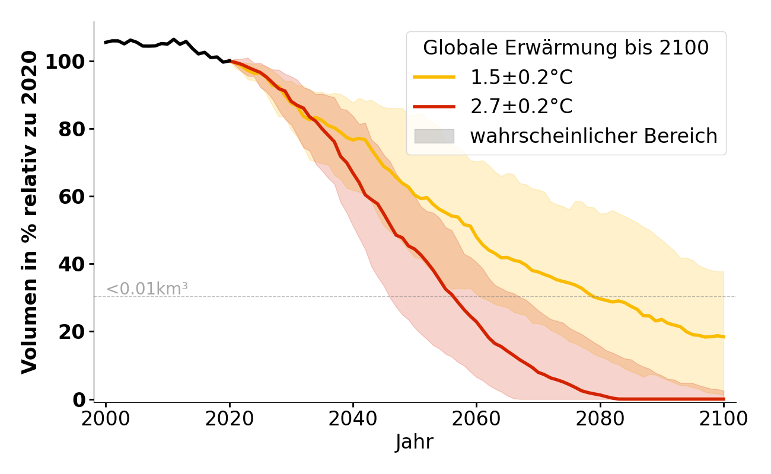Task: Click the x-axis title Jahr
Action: tap(415, 443)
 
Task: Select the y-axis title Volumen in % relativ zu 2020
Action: tap(30, 212)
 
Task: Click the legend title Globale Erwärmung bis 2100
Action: tap(566, 48)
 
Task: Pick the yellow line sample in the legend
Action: tap(434, 77)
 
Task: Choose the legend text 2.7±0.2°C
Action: tap(521, 107)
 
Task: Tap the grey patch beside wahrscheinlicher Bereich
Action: tap(434, 136)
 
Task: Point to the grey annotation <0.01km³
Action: tap(147, 289)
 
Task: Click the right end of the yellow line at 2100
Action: tap(724, 337)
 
